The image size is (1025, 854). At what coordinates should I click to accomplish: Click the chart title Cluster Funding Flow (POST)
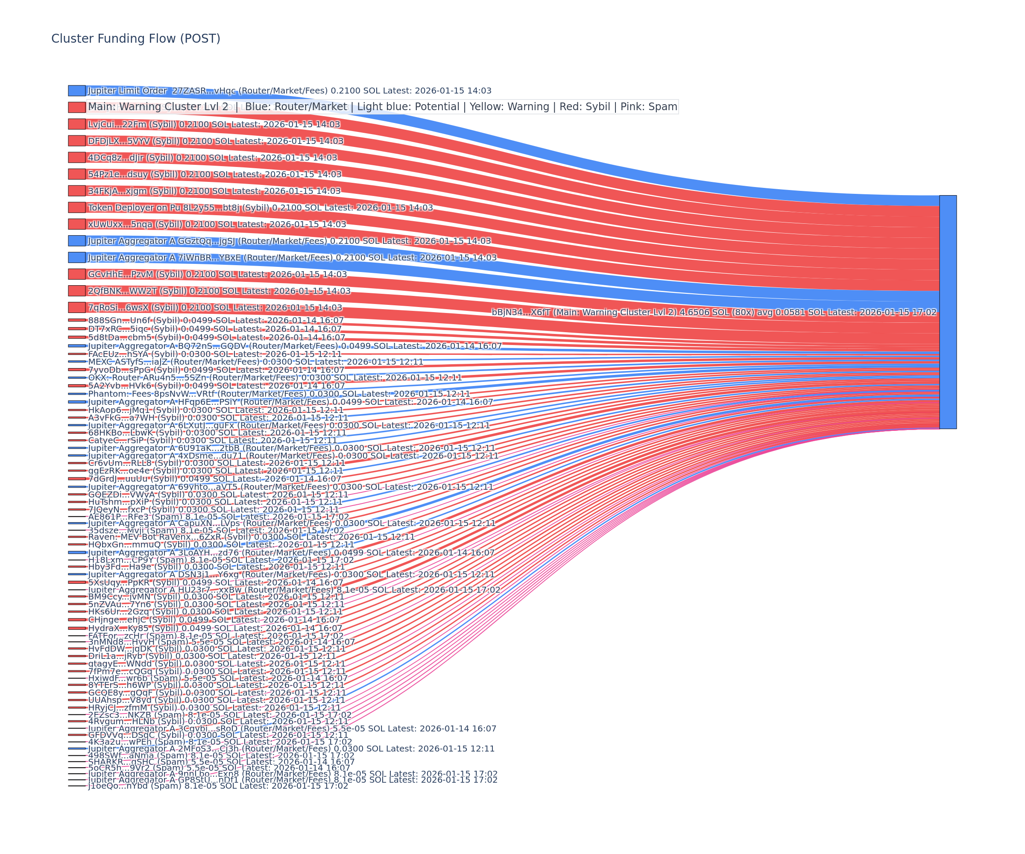click(x=136, y=38)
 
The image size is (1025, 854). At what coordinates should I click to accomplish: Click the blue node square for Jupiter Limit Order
click(x=76, y=91)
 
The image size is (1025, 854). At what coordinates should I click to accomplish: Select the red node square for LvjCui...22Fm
click(x=76, y=124)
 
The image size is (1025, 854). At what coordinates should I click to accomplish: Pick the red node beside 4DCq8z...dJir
click(x=76, y=157)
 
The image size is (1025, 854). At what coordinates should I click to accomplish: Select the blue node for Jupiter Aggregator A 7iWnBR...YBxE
click(x=76, y=257)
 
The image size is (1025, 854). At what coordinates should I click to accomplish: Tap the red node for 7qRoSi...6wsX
click(x=76, y=307)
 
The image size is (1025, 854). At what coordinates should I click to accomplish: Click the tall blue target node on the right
click(x=948, y=312)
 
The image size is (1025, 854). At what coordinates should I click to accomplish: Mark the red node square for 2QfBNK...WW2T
click(x=76, y=291)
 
